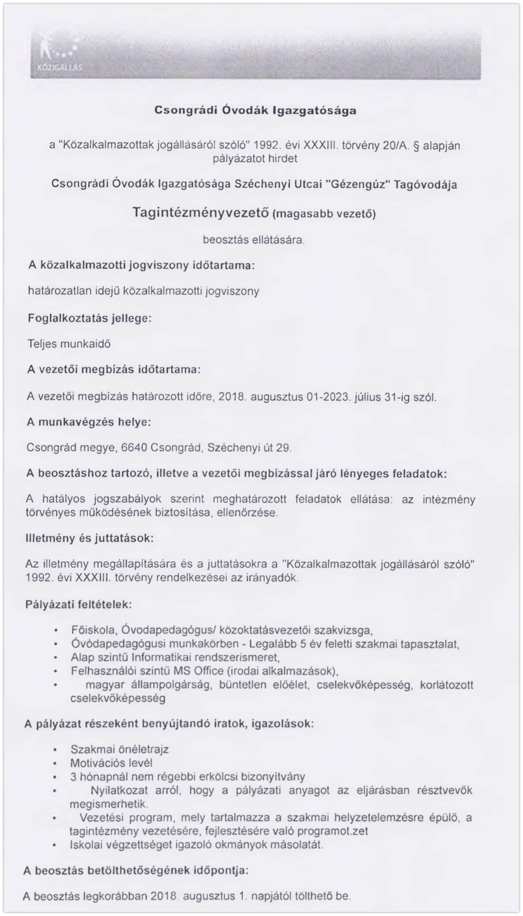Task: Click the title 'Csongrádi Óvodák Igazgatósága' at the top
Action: pyautogui.click(x=255, y=110)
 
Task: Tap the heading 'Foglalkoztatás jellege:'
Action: pyautogui.click(x=89, y=318)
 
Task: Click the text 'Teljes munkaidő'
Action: pyautogui.click(x=69, y=344)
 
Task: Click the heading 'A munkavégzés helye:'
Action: pyautogui.click(x=89, y=422)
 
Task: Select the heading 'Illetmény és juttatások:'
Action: pyautogui.click(x=89, y=539)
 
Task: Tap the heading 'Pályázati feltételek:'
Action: pyautogui.click(x=79, y=605)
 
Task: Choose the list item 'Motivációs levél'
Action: pyautogui.click(x=111, y=763)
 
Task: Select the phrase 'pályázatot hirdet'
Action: pyautogui.click(x=255, y=159)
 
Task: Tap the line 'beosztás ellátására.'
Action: pyautogui.click(x=253, y=240)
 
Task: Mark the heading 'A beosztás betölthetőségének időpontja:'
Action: pyautogui.click(x=135, y=870)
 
